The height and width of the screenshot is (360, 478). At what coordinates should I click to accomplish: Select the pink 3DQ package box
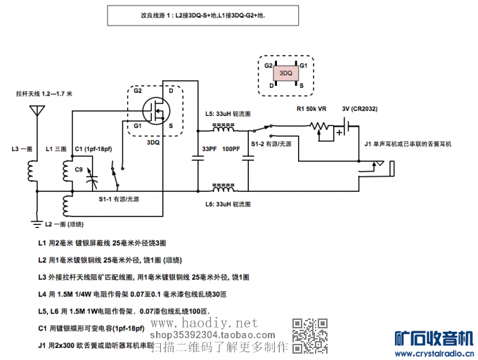tap(285, 73)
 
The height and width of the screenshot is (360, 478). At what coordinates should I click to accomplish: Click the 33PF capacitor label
tap(209, 149)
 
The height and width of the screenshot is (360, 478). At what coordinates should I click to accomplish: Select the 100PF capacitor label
tap(231, 149)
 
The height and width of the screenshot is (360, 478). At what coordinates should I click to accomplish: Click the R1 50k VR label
tap(311, 109)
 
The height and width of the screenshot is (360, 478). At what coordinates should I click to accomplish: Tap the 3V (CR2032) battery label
tap(360, 109)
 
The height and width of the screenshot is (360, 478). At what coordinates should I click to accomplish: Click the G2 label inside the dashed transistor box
tap(138, 91)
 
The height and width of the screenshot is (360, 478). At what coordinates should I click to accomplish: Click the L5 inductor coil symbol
tap(225, 129)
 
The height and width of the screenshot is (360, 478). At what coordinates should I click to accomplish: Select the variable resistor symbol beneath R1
tap(321, 128)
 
